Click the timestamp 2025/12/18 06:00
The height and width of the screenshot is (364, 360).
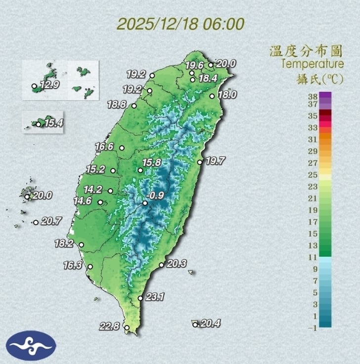pyautogui.click(x=181, y=23)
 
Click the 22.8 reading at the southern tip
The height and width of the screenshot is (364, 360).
pyautogui.click(x=109, y=326)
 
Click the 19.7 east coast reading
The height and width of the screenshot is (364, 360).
pyautogui.click(x=215, y=161)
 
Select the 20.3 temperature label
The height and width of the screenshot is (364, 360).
pyautogui.click(x=176, y=264)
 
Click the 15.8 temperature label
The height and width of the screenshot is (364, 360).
pyautogui.click(x=152, y=162)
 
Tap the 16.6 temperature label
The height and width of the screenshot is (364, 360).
pyautogui.click(x=105, y=146)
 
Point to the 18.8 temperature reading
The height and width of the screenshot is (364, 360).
pyautogui.click(x=117, y=104)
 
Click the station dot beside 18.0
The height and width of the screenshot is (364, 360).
pyautogui.click(x=212, y=96)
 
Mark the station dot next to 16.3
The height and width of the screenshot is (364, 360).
pyautogui.click(x=90, y=267)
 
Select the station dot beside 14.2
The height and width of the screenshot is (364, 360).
pyautogui.click(x=110, y=191)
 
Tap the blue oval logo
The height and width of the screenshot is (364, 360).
pyautogui.click(x=31, y=346)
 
